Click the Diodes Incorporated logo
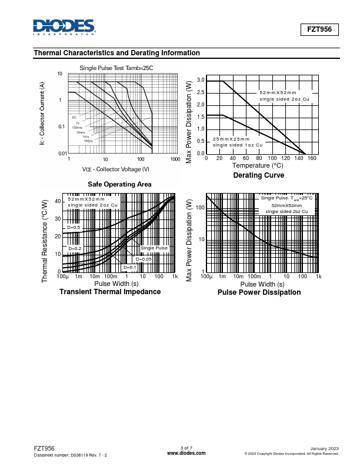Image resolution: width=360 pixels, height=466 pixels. [64, 27]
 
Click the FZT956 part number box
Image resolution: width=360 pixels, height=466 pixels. [320, 29]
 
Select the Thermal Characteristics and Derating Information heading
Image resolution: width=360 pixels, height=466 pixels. [117, 53]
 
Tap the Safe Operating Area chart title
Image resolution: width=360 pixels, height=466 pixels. [119, 184]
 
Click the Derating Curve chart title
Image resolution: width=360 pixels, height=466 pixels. [258, 175]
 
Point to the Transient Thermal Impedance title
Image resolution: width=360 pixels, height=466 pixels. [110, 292]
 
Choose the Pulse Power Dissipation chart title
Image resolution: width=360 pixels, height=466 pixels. [259, 292]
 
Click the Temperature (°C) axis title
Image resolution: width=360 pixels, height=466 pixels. [258, 166]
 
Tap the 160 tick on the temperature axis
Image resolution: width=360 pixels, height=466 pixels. [312, 158]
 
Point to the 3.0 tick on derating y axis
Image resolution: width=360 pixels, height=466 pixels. [201, 81]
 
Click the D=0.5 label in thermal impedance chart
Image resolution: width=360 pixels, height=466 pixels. [74, 227]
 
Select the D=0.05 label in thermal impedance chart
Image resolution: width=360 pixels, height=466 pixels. [144, 259]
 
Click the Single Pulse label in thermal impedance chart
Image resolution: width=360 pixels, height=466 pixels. [154, 248]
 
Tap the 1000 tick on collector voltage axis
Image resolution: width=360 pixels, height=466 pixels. [175, 159]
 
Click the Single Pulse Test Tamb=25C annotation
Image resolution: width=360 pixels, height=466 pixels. [116, 68]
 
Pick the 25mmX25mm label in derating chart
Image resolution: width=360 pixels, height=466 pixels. [230, 139]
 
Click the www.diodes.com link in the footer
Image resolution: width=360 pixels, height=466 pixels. [186, 453]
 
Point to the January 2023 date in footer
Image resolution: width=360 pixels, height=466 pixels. [324, 448]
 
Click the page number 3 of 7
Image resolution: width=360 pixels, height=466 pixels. [186, 448]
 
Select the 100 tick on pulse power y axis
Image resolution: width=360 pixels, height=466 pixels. [200, 208]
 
